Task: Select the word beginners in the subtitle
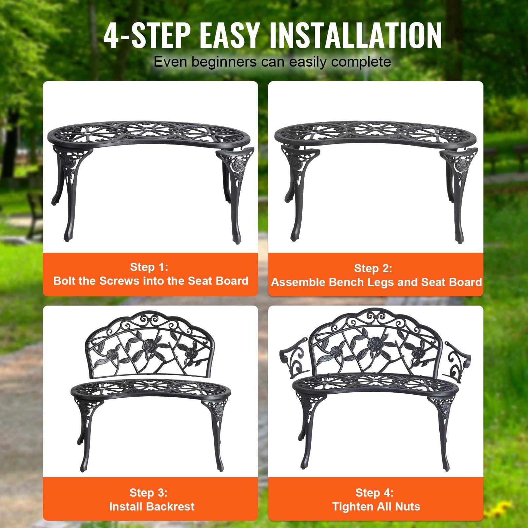click(x=224, y=62)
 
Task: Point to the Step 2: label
click(x=373, y=268)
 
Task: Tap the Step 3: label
click(x=148, y=492)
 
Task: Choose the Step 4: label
click(x=375, y=492)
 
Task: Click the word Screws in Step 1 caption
click(x=119, y=281)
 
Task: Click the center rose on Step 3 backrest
click(x=149, y=346)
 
